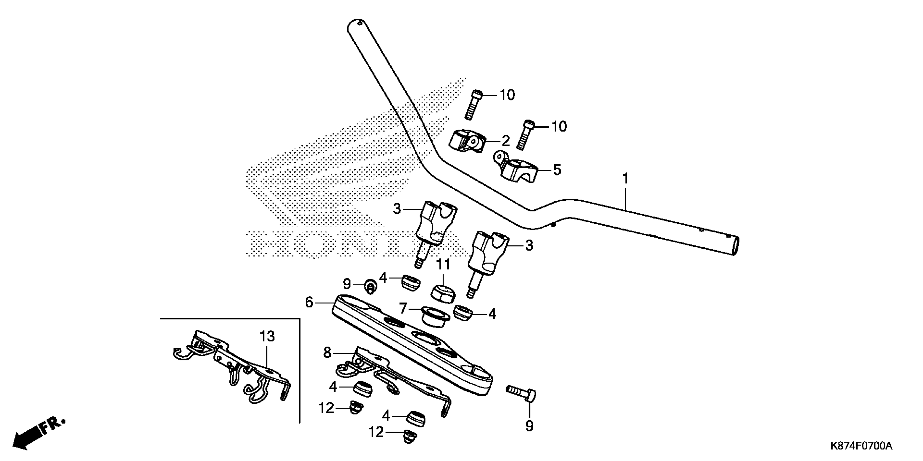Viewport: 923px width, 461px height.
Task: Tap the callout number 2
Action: point(505,141)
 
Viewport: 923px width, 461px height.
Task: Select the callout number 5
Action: point(557,170)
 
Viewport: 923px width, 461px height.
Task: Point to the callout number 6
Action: point(309,302)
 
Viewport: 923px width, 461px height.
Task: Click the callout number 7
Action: point(403,308)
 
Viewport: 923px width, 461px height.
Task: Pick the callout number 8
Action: point(327,353)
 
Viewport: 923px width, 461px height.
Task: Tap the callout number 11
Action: point(443,265)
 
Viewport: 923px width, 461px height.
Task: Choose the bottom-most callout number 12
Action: point(376,432)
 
